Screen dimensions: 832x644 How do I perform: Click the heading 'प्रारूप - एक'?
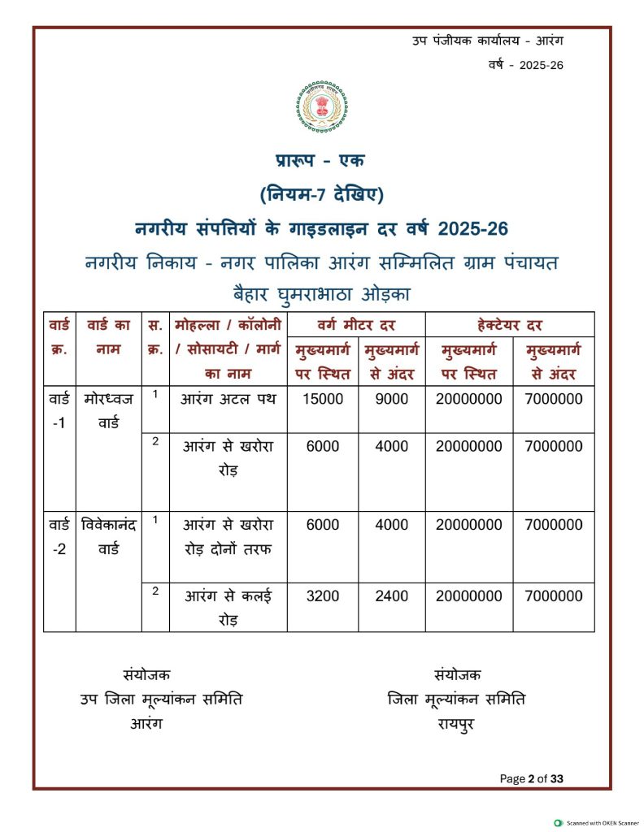click(x=322, y=161)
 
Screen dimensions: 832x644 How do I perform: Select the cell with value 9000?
click(x=391, y=399)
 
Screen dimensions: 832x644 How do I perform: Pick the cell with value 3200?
click(x=323, y=596)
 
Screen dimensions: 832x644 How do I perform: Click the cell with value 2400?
click(x=391, y=596)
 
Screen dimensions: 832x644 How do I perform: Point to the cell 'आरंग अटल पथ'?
click(x=228, y=399)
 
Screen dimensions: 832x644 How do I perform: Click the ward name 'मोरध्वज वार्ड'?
click(x=108, y=410)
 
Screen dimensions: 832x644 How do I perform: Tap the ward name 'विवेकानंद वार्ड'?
click(x=108, y=536)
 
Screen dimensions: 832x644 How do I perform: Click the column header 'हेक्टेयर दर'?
click(x=509, y=324)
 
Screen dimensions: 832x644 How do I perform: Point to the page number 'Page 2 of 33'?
click(x=531, y=778)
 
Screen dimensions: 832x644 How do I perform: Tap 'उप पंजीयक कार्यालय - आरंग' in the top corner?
click(x=487, y=41)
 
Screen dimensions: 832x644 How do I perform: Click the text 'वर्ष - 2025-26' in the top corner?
click(x=525, y=65)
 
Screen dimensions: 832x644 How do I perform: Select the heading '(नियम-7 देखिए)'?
click(x=322, y=195)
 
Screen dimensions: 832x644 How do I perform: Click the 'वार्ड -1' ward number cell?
click(x=59, y=410)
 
